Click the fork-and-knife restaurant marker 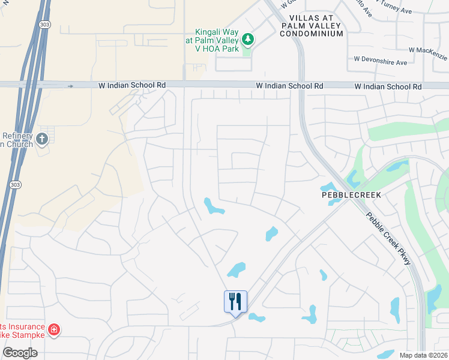pyautogui.click(x=235, y=301)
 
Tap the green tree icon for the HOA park pyautogui.click(x=248, y=40)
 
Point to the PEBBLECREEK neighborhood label pyautogui.click(x=351, y=195)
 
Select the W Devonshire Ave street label pyautogui.click(x=381, y=62)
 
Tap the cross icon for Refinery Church pyautogui.click(x=41, y=140)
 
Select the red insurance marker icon pyautogui.click(x=53, y=329)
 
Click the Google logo pyautogui.click(x=20, y=352)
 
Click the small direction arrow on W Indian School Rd pyautogui.click(x=70, y=86)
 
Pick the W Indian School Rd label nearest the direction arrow pyautogui.click(x=132, y=86)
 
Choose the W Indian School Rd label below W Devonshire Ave pyautogui.click(x=388, y=86)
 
